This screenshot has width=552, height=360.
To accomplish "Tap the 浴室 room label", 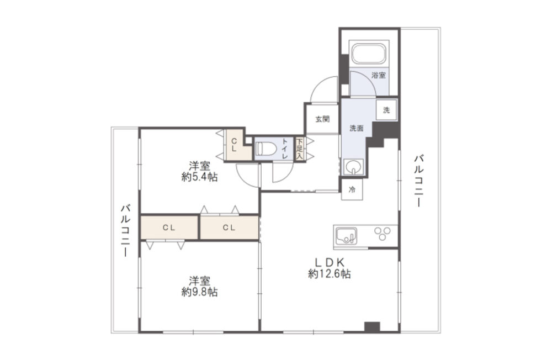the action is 379,75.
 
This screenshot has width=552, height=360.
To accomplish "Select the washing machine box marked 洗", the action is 386,110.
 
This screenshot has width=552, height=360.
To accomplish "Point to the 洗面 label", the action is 356,128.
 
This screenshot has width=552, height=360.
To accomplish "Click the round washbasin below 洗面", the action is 353,167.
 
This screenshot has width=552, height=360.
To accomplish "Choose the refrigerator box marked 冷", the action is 352,190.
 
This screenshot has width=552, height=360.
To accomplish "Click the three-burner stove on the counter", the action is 383,234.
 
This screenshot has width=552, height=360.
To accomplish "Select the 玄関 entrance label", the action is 322,119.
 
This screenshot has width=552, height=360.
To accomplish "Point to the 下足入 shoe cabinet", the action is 300,149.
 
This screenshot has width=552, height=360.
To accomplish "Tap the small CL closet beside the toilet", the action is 235,145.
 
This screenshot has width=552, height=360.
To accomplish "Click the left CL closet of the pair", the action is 169,227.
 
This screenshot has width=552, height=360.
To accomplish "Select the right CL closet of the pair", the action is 230,227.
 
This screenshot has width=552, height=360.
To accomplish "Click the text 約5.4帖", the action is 200,177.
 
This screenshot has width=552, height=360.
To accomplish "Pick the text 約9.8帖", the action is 200,292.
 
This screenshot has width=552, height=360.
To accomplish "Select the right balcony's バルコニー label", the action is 418,180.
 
